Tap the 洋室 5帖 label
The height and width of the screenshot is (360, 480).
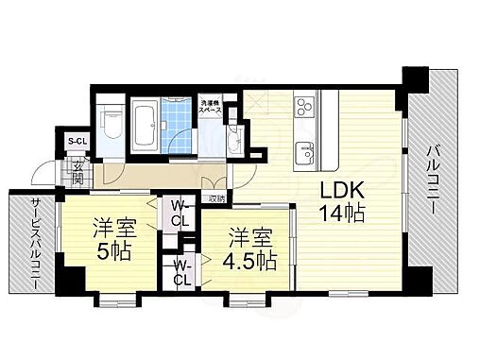112,240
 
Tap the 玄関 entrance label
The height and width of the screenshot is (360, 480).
77,174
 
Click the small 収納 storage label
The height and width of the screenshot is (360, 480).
217,198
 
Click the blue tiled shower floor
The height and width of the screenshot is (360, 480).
180,122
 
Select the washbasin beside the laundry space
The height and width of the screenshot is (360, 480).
232,142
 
